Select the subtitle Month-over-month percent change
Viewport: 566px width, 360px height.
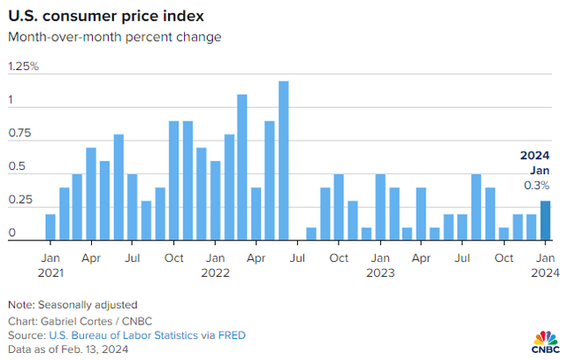point(114,37)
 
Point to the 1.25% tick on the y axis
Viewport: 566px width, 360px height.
point(25,67)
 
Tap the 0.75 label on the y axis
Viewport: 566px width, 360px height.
point(19,134)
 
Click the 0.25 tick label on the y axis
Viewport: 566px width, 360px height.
point(19,201)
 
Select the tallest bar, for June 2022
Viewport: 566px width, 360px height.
point(284,160)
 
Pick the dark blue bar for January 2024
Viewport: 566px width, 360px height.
point(546,220)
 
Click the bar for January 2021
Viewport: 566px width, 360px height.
point(50,226)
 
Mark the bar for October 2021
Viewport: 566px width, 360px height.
point(174,180)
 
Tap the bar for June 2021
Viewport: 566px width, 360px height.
point(119,187)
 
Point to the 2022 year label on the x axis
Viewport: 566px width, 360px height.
point(215,273)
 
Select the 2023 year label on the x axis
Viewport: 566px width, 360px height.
point(380,273)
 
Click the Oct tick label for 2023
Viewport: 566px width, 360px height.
point(503,257)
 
